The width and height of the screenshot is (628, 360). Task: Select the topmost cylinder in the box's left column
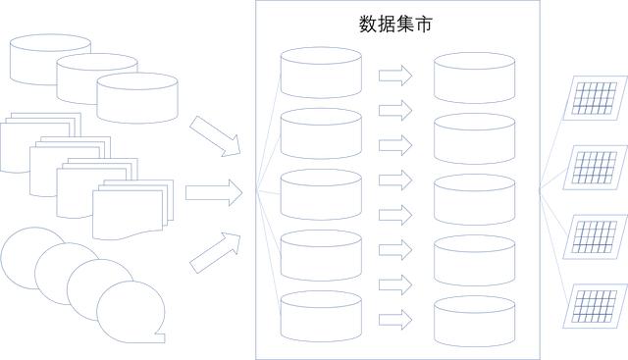point(321,72)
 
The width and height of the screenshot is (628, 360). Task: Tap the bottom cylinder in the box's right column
point(474,320)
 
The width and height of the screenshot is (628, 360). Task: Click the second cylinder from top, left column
point(321,133)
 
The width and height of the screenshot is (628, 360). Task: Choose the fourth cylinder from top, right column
point(474,259)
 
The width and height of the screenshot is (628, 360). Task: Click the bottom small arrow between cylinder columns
point(393,319)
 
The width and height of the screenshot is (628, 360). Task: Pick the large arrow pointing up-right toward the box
point(215,250)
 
